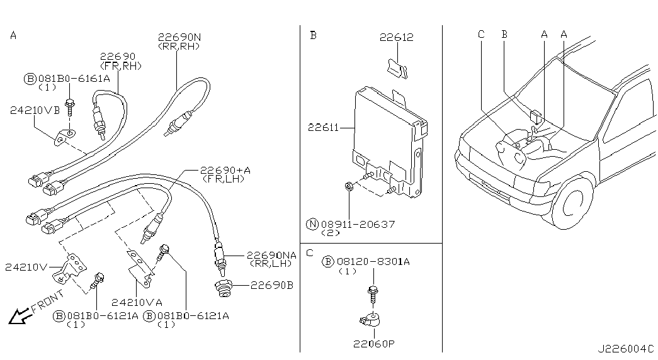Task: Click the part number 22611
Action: click(x=324, y=128)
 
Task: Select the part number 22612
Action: click(x=396, y=38)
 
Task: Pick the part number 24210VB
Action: click(x=35, y=110)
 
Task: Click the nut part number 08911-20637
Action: click(x=360, y=223)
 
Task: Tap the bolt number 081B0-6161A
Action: click(x=74, y=79)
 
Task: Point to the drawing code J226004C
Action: click(x=626, y=348)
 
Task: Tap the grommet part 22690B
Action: click(x=225, y=288)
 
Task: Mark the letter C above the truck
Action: click(x=481, y=35)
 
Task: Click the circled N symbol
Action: click(x=312, y=223)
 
